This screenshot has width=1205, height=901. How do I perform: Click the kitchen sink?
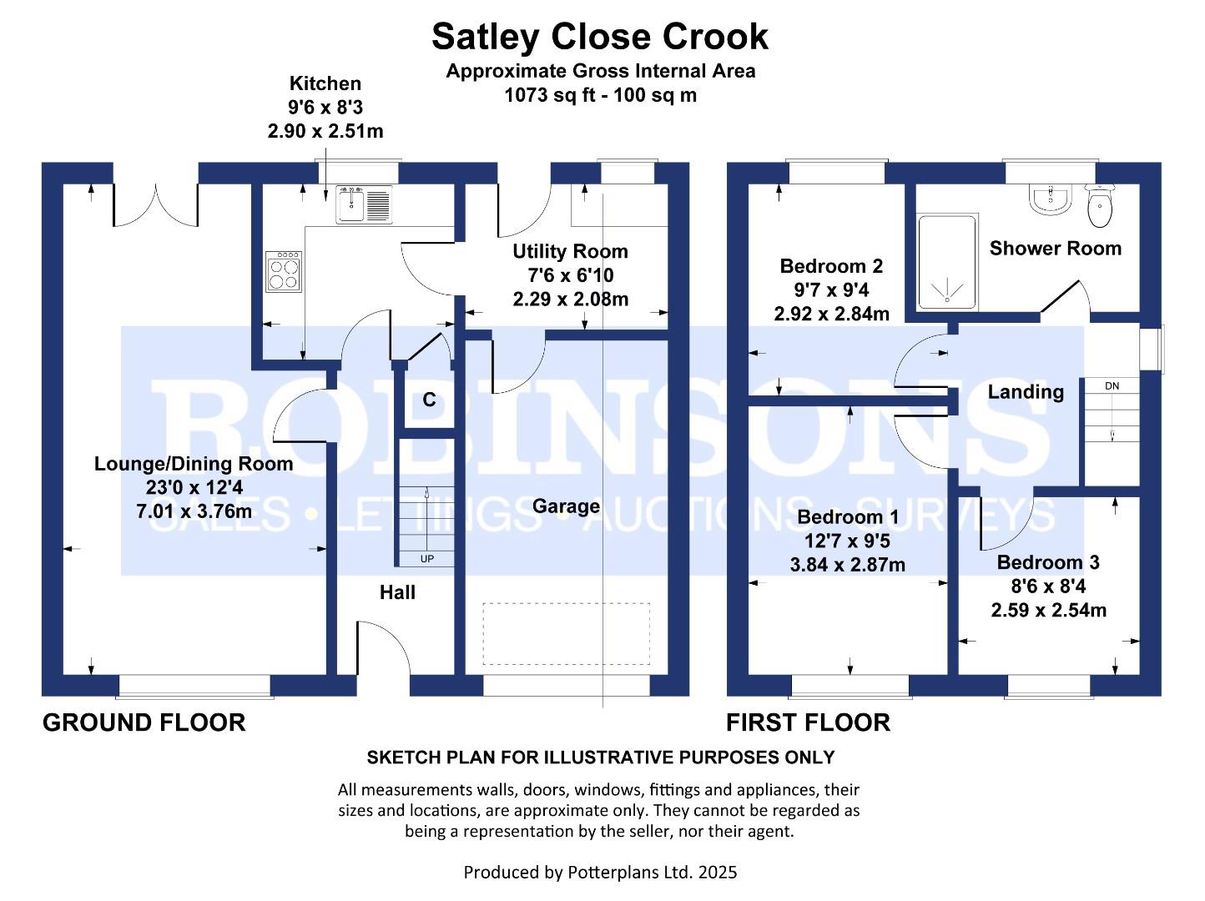coord(364,204)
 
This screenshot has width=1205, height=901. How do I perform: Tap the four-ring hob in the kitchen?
coord(284,272)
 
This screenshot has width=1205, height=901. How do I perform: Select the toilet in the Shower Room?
coord(1101,208)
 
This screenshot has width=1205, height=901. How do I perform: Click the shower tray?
coord(947,262)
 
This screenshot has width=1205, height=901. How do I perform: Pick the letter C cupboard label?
coord(429,400)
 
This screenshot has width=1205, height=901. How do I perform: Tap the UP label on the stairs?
coord(426,559)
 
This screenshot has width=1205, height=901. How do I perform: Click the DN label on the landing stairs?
coord(1112,386)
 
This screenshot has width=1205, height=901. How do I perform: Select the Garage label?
coord(566,506)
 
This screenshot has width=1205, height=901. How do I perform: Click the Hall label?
coord(397,592)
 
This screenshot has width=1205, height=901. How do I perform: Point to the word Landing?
coord(1026,392)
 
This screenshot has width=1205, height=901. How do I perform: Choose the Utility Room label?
coord(570,252)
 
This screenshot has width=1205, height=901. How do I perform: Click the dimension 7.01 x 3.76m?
coord(194,511)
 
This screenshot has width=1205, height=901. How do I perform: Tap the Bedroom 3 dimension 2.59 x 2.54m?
coord(1048,611)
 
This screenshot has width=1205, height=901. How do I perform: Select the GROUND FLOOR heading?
coord(144,722)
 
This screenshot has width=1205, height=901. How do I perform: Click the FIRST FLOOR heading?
coord(808,722)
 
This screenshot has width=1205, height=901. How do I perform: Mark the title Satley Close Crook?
coord(599,37)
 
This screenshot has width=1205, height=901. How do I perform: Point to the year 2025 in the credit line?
coord(718,873)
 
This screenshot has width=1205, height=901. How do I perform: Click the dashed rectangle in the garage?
coord(566,633)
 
